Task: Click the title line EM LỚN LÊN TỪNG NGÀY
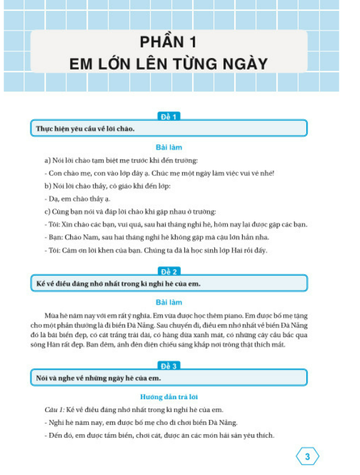pos(168,63)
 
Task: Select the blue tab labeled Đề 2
pos(168,271)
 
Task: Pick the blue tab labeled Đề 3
pos(168,366)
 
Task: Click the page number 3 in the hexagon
pos(308,456)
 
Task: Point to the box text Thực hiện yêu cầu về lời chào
pos(85,129)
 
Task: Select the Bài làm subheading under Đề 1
pos(168,148)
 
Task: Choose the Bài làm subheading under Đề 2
pos(168,302)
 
